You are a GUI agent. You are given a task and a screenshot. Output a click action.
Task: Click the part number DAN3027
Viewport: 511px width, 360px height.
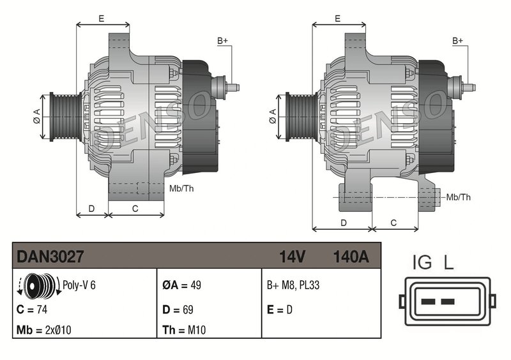50,257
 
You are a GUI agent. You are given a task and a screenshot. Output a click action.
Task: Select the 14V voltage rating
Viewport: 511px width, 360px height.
293,257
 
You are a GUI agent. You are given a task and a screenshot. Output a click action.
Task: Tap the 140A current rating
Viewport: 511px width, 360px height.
351,257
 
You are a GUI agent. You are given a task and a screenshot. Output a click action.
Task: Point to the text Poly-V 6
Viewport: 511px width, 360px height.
79,285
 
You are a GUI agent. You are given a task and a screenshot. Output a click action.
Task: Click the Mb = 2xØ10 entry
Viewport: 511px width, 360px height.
45,331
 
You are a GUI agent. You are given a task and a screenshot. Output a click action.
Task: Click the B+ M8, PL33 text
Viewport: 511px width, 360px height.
293,285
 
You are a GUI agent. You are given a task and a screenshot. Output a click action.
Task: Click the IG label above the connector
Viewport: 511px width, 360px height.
422,262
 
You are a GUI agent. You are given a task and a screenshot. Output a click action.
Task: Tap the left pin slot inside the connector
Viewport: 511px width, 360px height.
429,301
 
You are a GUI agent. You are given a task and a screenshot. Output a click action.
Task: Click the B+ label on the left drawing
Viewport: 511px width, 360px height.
222,41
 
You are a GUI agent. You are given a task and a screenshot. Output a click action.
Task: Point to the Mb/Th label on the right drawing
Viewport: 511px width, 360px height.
458,197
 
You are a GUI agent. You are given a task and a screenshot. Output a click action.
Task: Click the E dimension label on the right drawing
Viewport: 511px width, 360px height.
337,19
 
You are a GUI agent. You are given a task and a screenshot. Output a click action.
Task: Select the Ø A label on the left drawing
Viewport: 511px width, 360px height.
37,115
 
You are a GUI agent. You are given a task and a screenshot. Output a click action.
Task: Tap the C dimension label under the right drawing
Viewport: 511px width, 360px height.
393,222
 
